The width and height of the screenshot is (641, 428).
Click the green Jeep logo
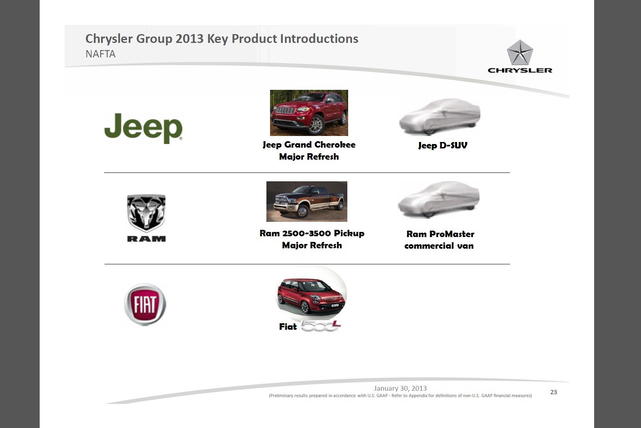(143, 128)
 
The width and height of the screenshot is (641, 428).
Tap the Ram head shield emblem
(146, 213)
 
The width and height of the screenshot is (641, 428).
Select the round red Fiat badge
(145, 304)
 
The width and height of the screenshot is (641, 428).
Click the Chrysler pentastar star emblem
(520, 53)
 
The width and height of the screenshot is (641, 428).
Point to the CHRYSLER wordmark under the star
(520, 70)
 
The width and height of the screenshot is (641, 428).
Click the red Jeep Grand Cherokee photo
(309, 113)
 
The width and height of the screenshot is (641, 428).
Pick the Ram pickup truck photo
(307, 201)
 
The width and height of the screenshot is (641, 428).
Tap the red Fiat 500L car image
(311, 296)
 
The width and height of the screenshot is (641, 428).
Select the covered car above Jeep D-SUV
(440, 117)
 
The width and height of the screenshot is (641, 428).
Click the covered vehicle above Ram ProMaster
(439, 199)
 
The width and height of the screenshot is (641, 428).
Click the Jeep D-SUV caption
(443, 145)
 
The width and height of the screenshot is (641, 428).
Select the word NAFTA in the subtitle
(101, 54)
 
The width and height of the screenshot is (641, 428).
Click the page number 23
(553, 392)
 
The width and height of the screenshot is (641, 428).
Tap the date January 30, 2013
(400, 388)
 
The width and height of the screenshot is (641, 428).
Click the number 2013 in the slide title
(189, 39)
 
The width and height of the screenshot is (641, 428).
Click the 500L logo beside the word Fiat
(320, 326)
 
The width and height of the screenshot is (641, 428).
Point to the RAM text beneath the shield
(146, 239)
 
